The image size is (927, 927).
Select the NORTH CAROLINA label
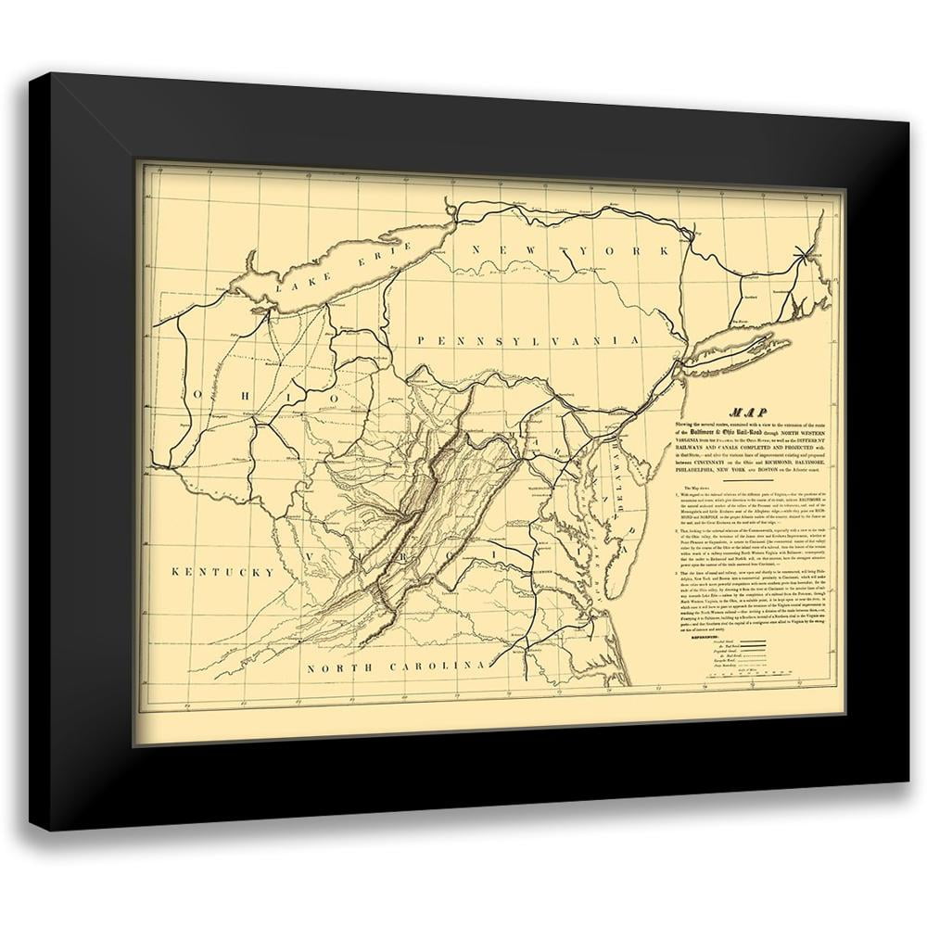(400, 666)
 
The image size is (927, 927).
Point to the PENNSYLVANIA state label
(528, 341)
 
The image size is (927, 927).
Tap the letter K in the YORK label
(662, 250)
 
